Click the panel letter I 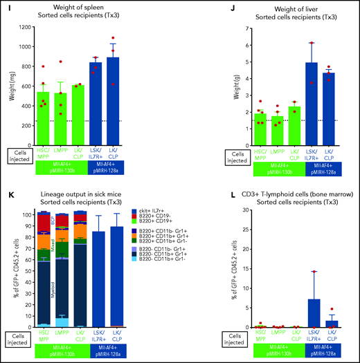[5, 6]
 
